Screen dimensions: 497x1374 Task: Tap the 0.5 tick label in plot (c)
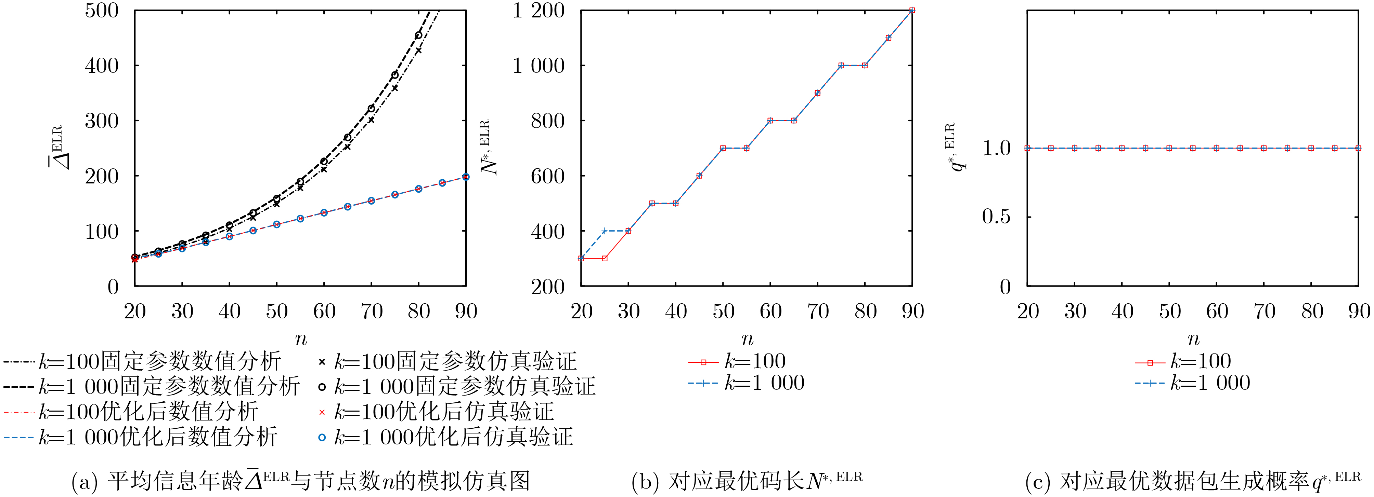pos(996,217)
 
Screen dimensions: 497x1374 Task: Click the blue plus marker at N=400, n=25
pos(604,231)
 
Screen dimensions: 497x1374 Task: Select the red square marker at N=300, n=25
pos(604,258)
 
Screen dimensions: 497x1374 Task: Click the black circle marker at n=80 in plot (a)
pos(419,35)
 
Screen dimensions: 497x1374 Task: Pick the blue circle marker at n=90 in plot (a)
pos(466,177)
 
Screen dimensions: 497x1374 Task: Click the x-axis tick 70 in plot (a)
pos(371,311)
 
